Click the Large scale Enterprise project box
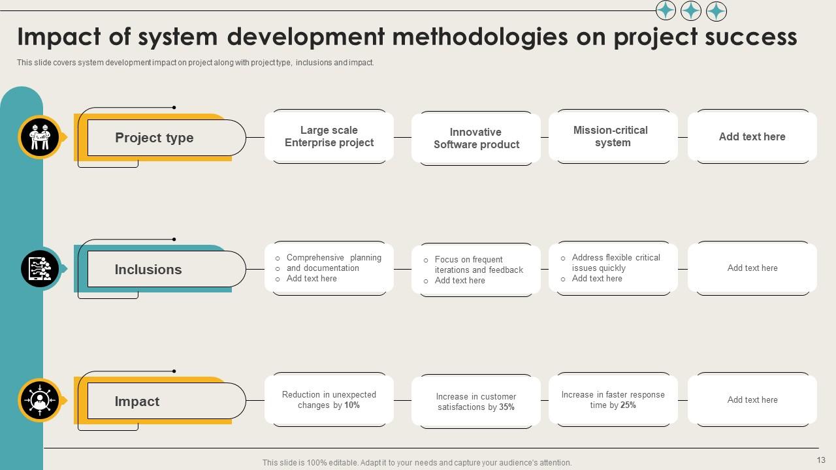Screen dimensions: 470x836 329,136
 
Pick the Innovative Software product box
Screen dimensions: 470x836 476,138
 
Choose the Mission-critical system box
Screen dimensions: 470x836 613,136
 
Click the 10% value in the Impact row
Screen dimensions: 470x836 352,405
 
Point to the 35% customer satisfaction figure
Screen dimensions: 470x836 507,407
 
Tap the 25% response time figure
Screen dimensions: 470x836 628,405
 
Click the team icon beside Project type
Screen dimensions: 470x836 40,138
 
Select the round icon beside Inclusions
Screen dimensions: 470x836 40,269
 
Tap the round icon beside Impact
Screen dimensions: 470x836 40,400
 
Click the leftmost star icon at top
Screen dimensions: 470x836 666,10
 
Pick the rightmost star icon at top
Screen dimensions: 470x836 716,11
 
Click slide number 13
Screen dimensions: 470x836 821,460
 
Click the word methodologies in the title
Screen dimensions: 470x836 479,37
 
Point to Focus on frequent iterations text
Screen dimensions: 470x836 479,264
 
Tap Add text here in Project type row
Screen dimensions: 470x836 752,136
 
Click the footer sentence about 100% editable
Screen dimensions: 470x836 417,463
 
